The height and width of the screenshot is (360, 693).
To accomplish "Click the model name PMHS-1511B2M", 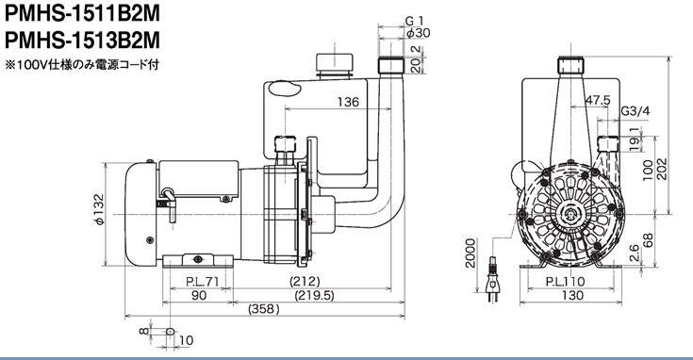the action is click(x=82, y=14).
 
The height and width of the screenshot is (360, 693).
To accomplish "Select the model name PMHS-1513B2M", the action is click(x=82, y=41).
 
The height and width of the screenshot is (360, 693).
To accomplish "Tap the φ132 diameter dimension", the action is click(x=99, y=210).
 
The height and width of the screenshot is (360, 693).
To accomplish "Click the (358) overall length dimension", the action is click(x=265, y=309).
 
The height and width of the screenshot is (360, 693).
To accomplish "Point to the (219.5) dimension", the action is click(x=314, y=295).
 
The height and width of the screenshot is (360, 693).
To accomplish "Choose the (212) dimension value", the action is click(x=305, y=281).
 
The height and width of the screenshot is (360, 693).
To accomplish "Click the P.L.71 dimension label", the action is click(x=202, y=282).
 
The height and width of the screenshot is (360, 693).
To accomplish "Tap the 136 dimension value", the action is click(x=348, y=102).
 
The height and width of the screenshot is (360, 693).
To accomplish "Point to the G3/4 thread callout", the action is click(x=635, y=111).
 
